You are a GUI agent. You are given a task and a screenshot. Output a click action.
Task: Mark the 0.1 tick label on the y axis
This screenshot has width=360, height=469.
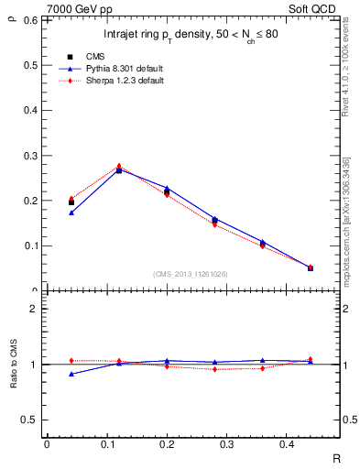(x=29, y=245)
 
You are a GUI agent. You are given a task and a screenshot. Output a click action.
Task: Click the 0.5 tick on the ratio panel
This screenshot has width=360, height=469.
(x=29, y=420)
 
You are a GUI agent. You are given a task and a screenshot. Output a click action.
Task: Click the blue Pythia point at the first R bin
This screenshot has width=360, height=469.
(x=71, y=213)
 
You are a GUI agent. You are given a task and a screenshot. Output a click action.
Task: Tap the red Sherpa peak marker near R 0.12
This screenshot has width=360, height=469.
(x=119, y=167)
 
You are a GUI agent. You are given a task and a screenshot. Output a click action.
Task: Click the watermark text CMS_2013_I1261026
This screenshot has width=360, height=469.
(x=191, y=273)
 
